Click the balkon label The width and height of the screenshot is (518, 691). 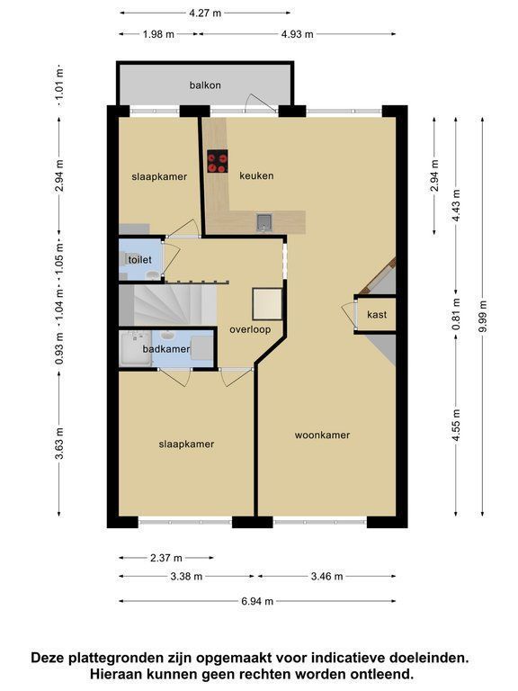click(205, 85)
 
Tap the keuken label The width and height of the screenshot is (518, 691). click(256, 175)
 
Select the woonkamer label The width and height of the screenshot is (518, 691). click(322, 435)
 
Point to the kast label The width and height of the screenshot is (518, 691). click(377, 315)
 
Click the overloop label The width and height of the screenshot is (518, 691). click(250, 329)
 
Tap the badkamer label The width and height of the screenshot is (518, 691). click(166, 349)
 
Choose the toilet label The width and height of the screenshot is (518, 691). click(140, 259)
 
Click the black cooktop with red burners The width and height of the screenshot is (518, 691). click(218, 161)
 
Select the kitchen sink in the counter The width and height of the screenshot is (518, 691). click(264, 222)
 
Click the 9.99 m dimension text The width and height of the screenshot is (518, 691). click(483, 317)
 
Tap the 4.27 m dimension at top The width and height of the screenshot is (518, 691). click(205, 13)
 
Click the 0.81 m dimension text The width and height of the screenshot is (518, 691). click(456, 314)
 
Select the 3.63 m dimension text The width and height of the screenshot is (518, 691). click(59, 443)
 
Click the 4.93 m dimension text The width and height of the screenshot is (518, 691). click(298, 34)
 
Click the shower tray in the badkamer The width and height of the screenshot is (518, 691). click(136, 349)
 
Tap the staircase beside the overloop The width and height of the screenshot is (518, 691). click(168, 304)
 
